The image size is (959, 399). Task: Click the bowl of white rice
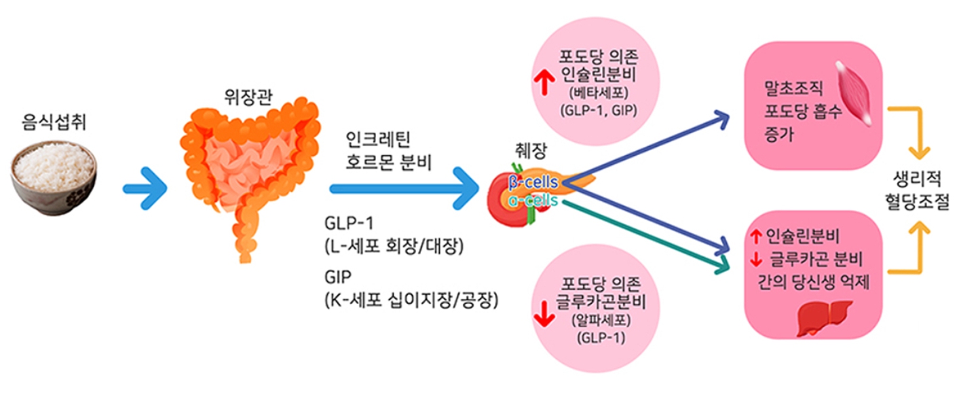pyautogui.click(x=53, y=175)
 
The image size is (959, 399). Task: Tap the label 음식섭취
pyautogui.click(x=52, y=122)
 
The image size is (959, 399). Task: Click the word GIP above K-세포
pyautogui.click(x=337, y=277)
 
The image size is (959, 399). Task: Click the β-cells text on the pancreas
pyautogui.click(x=533, y=182)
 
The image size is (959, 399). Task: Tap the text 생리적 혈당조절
pyautogui.click(x=918, y=192)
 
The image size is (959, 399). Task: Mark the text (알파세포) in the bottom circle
pyautogui.click(x=599, y=323)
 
